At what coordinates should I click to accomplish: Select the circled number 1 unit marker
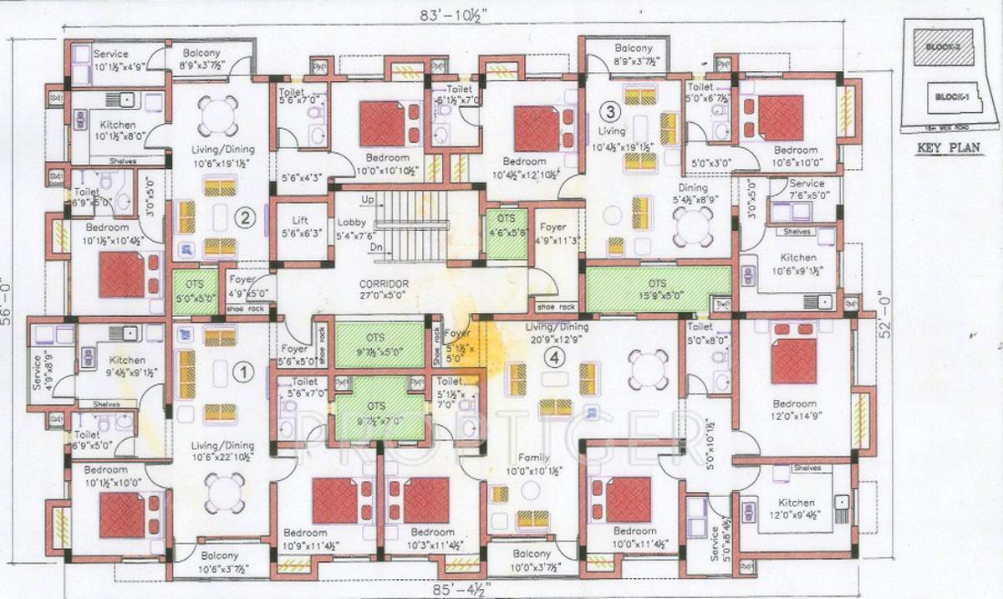(x=242, y=369)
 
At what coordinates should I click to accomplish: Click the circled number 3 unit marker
(x=611, y=111)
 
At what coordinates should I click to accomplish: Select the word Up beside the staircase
(x=368, y=200)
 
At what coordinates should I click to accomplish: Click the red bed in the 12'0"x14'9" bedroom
(x=792, y=361)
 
